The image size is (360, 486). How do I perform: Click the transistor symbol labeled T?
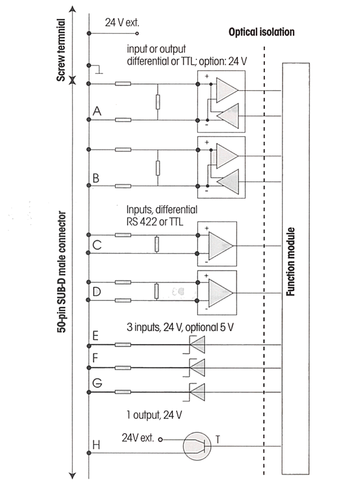tap(197, 446)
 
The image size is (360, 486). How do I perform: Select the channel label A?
tap(97, 111)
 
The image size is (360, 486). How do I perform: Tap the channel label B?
tap(96, 178)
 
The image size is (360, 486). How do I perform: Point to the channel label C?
tap(97, 245)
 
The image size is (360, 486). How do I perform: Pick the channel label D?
tap(97, 292)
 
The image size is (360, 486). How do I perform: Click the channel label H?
tap(96, 445)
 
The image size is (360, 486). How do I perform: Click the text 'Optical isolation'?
tap(261, 32)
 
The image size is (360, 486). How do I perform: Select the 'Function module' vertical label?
tap(290, 261)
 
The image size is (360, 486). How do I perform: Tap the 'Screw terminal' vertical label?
tap(61, 50)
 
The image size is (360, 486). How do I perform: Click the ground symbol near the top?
tap(99, 70)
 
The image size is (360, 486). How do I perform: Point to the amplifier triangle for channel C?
tap(221, 246)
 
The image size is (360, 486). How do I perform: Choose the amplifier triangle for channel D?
tap(221, 292)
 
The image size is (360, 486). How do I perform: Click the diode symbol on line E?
tap(197, 344)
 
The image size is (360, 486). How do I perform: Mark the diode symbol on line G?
tap(197, 392)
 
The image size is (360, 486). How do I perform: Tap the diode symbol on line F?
tap(197, 368)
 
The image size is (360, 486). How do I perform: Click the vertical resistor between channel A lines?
tap(158, 102)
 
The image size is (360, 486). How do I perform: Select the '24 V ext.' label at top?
tap(122, 22)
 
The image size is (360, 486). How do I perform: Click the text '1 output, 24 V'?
tap(154, 415)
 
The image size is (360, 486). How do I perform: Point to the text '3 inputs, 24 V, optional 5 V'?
tap(180, 327)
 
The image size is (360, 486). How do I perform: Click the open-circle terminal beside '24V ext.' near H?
tap(160, 439)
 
